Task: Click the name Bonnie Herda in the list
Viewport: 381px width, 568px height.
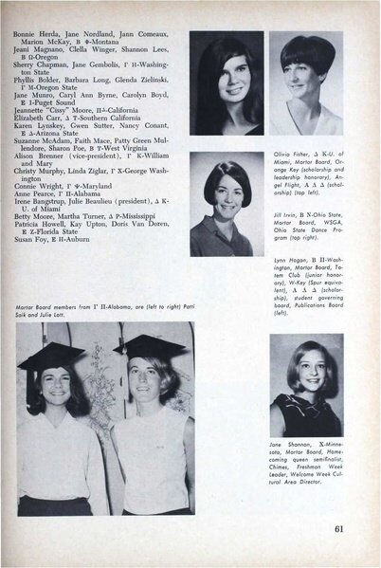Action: [x=34, y=32]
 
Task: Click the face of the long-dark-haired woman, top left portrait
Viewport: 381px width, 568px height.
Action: [x=225, y=78]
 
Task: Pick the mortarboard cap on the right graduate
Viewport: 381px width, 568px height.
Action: [x=147, y=346]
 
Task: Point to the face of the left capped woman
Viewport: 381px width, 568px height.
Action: [x=54, y=388]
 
